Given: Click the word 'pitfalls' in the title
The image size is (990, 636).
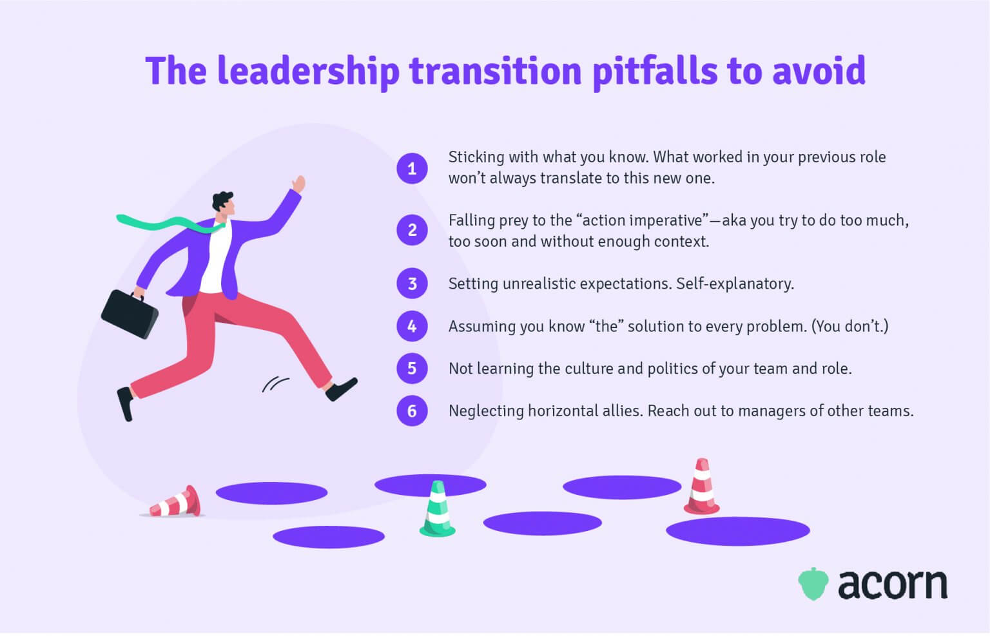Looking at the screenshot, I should (654, 71).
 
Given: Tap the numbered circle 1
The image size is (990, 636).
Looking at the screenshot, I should (412, 169).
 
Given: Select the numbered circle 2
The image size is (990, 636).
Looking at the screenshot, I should (412, 230).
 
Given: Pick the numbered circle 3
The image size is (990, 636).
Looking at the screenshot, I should (412, 284).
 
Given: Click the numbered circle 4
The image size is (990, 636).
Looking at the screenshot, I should (412, 326).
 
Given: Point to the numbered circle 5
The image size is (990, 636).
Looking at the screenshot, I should (412, 369).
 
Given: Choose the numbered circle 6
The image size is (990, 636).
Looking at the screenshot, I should (412, 411).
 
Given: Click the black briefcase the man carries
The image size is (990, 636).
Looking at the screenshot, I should (130, 314).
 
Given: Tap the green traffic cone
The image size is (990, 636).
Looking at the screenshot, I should (438, 510).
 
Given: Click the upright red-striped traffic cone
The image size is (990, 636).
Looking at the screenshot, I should (701, 487).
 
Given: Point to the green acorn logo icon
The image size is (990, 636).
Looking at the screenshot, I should (813, 584).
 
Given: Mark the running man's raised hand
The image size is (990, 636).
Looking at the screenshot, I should (298, 184).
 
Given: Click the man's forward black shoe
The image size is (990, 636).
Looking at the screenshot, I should (341, 389).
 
